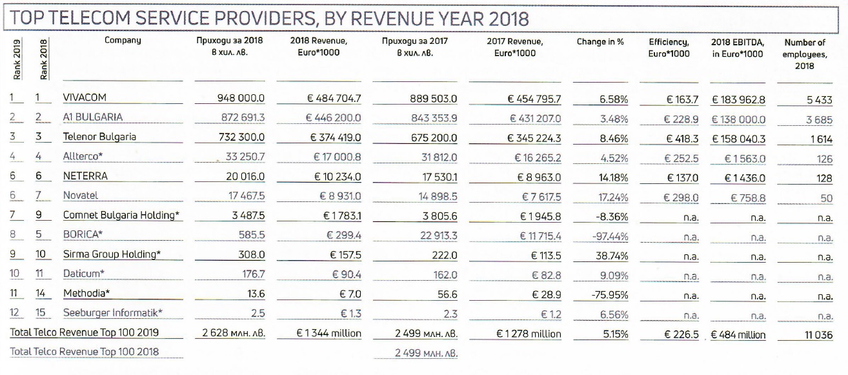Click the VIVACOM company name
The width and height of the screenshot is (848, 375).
tap(85, 97)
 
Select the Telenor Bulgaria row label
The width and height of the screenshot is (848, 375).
tap(99, 137)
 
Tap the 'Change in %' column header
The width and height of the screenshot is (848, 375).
tap(600, 42)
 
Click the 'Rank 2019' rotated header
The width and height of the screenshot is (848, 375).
tap(17, 59)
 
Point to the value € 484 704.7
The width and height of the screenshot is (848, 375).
tap(334, 99)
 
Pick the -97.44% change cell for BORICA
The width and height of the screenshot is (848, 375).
tap(610, 237)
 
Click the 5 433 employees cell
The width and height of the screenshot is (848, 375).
tap(819, 100)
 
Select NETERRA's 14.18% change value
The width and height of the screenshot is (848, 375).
tap(613, 177)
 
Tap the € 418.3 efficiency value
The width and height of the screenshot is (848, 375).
tap(682, 139)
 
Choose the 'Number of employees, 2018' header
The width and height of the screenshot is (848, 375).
tap(805, 54)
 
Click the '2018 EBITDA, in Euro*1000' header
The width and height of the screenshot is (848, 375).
tap(738, 48)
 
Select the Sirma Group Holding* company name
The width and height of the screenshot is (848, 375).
tap(112, 254)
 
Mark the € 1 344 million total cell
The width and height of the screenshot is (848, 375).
tap(328, 333)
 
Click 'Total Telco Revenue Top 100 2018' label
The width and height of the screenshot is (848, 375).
tap(84, 352)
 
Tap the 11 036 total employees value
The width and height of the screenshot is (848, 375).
tap(818, 335)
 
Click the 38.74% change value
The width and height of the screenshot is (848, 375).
tap(612, 256)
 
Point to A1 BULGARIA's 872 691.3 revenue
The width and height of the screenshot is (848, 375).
tap(243, 118)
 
